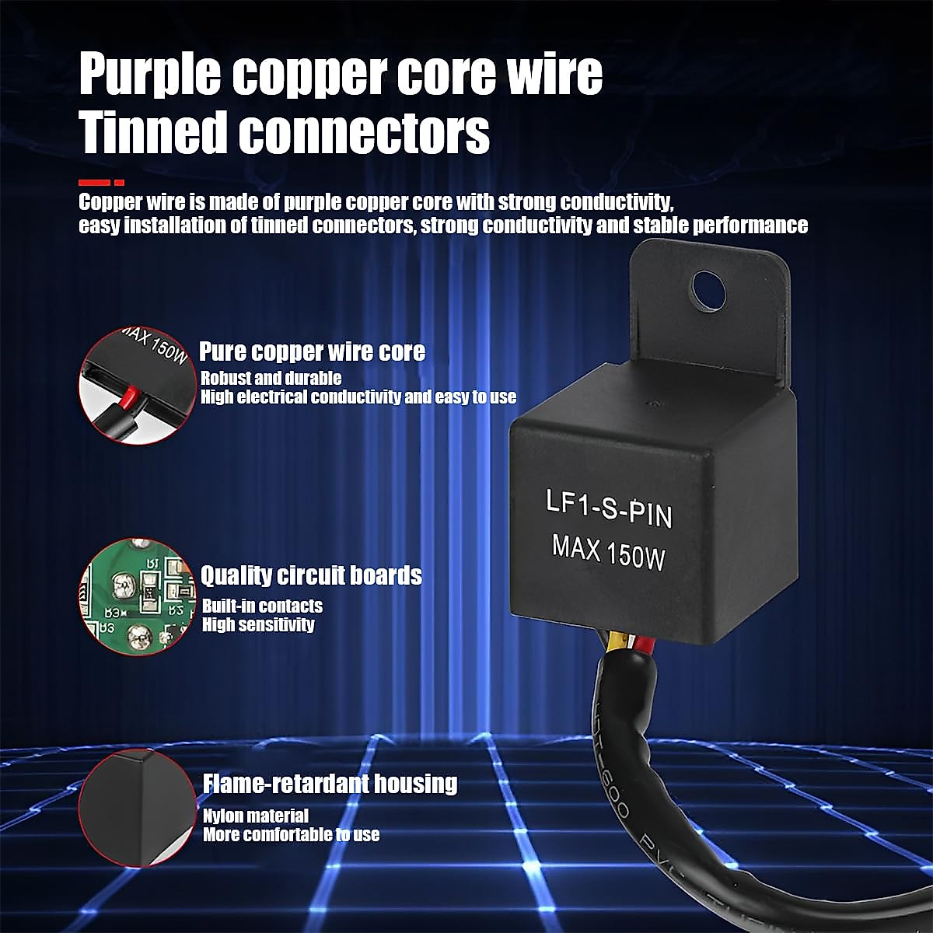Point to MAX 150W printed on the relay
point(608,551)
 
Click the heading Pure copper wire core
point(313,351)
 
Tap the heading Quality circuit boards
point(311,575)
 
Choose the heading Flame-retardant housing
point(330,783)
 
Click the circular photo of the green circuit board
point(137,596)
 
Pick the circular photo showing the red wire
point(137,386)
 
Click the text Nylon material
point(256,816)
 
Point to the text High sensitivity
point(258,624)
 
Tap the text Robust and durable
point(271,379)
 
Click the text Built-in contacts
point(262,606)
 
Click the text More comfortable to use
point(292,835)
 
